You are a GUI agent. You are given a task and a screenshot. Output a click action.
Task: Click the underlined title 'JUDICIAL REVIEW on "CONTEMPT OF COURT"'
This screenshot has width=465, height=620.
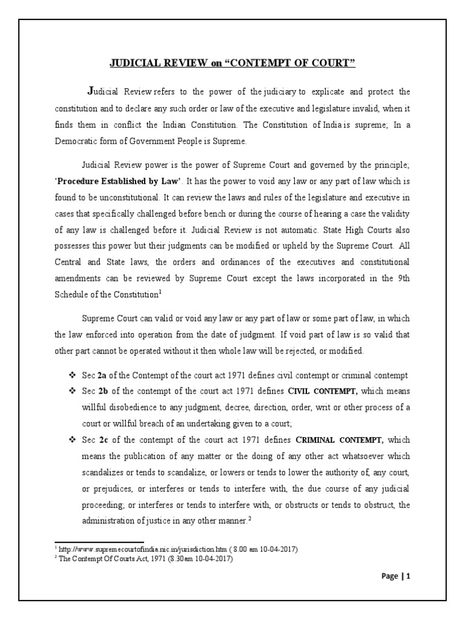(x=232, y=64)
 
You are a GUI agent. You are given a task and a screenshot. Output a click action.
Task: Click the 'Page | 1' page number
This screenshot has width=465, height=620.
(x=396, y=576)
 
